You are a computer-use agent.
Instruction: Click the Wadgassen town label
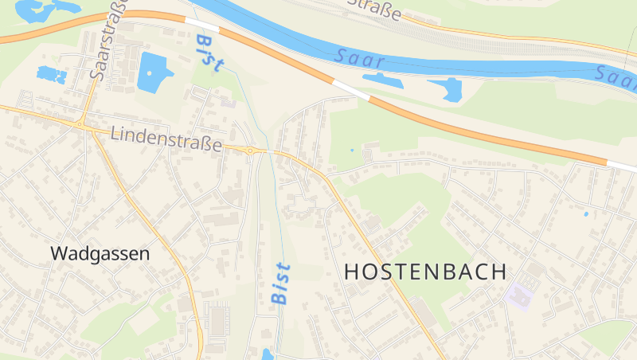100,253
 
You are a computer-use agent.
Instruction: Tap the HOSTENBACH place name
425,271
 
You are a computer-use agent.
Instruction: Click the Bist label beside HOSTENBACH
280,284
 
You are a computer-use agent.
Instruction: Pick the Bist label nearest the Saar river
209,53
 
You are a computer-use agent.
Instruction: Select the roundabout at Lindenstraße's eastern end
250,151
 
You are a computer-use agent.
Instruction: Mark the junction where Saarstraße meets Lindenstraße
80,123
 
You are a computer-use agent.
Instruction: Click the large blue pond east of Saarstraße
154,72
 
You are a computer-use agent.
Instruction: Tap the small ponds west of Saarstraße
52,75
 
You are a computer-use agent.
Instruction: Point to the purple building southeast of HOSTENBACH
519,294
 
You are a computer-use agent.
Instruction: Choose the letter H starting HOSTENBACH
351,271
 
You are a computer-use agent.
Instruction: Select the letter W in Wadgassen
58,253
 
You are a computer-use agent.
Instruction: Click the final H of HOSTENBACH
498,271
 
